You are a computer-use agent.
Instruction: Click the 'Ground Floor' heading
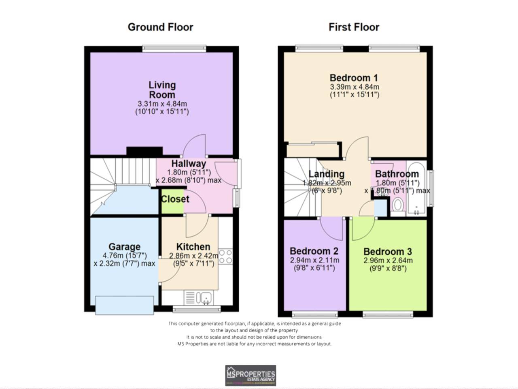pos(160,27)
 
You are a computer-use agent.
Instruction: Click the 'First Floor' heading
pos(354,27)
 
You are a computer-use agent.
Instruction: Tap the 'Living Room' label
pos(162,90)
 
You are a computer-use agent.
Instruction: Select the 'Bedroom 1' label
pos(354,78)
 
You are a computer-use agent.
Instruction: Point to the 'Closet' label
pos(175,199)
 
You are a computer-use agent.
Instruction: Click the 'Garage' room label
pos(124,247)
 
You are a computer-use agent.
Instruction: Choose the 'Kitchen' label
pos(193,247)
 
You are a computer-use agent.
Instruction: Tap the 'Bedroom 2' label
pos(314,251)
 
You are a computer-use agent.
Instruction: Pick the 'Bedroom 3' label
pos(387,252)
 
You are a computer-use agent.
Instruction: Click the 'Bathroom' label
pos(397,174)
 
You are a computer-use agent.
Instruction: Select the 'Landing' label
pos(326,174)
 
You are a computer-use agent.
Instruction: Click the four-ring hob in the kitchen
pos(225,256)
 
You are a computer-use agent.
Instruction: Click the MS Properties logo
pos(251,375)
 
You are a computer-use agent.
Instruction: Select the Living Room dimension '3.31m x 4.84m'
pos(162,104)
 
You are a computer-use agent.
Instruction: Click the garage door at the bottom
pos(124,305)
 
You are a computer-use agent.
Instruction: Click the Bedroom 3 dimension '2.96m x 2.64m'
pos(388,261)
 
